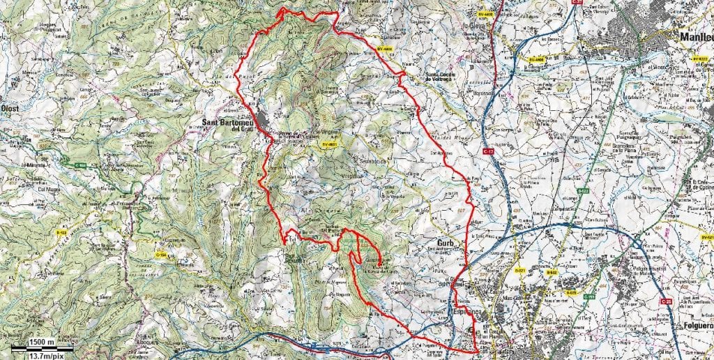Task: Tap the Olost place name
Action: click(9, 109)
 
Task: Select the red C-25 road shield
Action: click(667, 301)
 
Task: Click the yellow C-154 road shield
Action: click(162, 255)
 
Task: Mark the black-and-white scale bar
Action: click(38, 348)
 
